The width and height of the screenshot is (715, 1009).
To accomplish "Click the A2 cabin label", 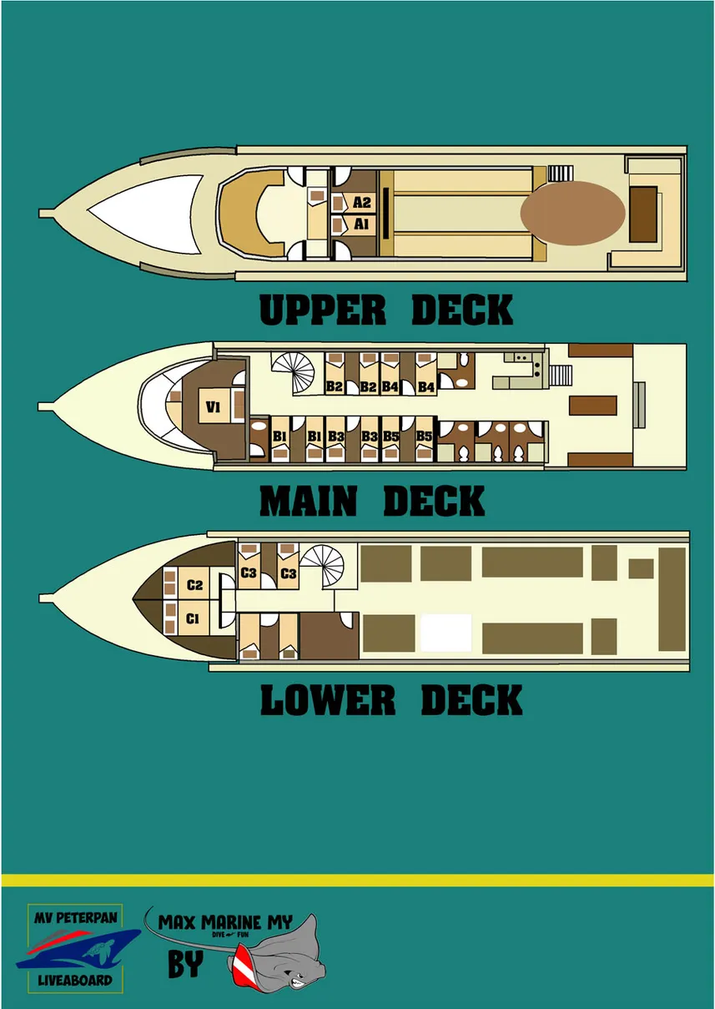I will (x=361, y=203).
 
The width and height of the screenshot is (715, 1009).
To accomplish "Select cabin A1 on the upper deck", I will (x=361, y=224).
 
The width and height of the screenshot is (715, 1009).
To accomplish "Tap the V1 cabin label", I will (x=214, y=406).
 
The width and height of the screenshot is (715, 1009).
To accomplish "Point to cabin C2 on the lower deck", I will (x=194, y=585).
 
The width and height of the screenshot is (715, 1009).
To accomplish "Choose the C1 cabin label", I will (x=193, y=618).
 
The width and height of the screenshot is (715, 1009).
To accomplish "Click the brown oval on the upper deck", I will (x=572, y=214).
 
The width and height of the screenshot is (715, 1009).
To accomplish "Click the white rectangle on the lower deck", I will (x=446, y=633).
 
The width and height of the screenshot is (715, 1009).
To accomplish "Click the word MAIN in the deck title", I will (x=308, y=502).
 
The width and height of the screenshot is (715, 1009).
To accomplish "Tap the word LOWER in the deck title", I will (x=327, y=700).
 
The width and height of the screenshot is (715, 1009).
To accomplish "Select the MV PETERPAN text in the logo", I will (x=75, y=917).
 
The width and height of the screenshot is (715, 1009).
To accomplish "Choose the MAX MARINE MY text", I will (x=225, y=922).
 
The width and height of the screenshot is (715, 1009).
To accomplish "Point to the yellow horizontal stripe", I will (x=357, y=880).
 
